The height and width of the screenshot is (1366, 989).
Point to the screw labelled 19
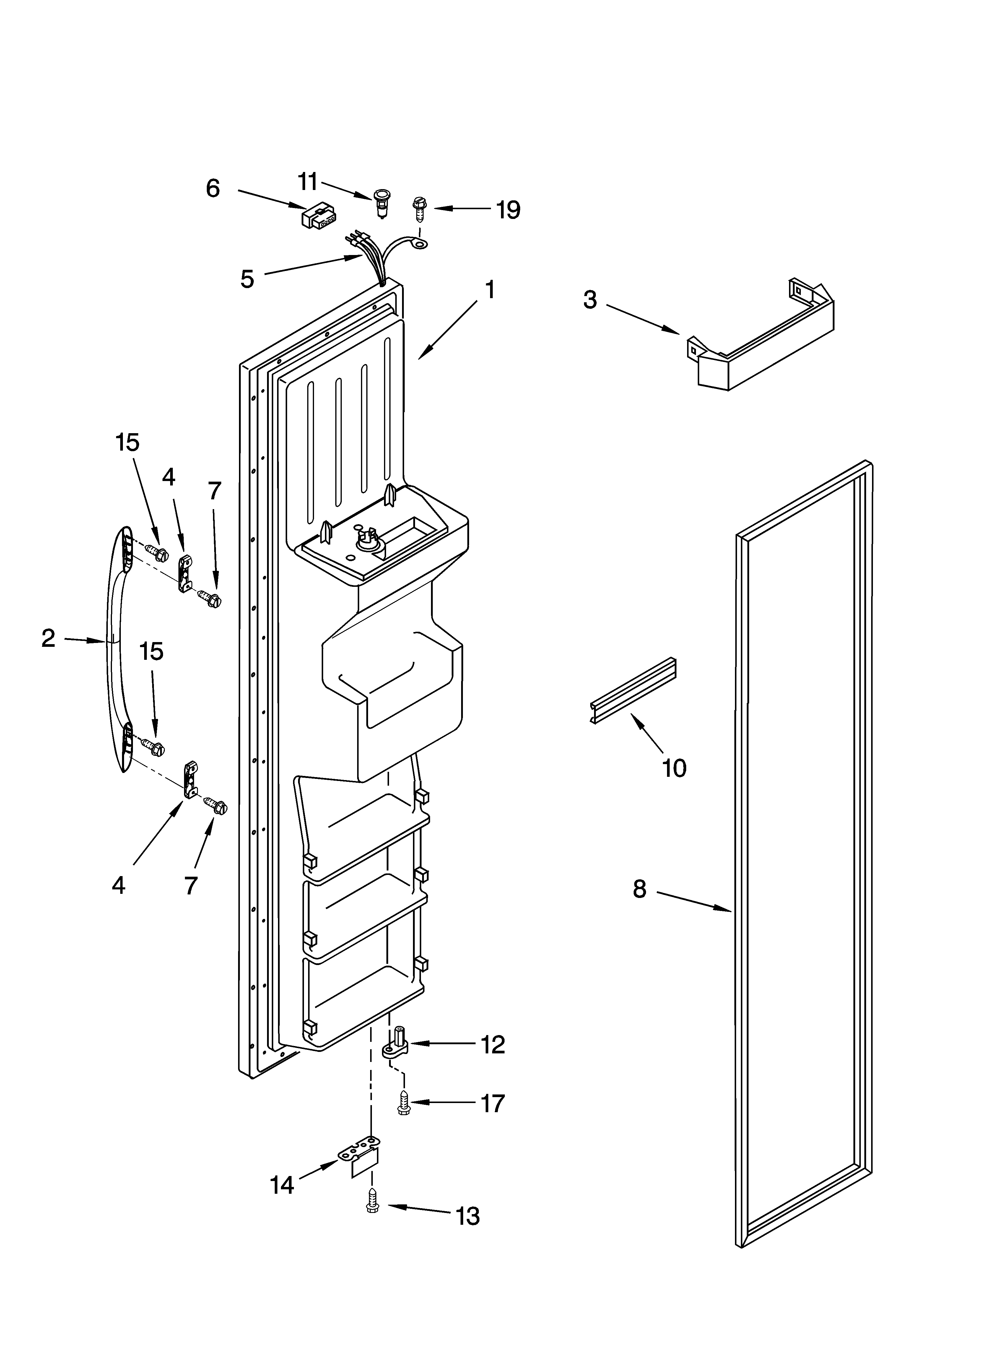click(x=418, y=208)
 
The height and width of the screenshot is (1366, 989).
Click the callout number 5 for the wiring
click(x=247, y=279)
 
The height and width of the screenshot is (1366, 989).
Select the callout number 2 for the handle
click(x=48, y=638)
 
